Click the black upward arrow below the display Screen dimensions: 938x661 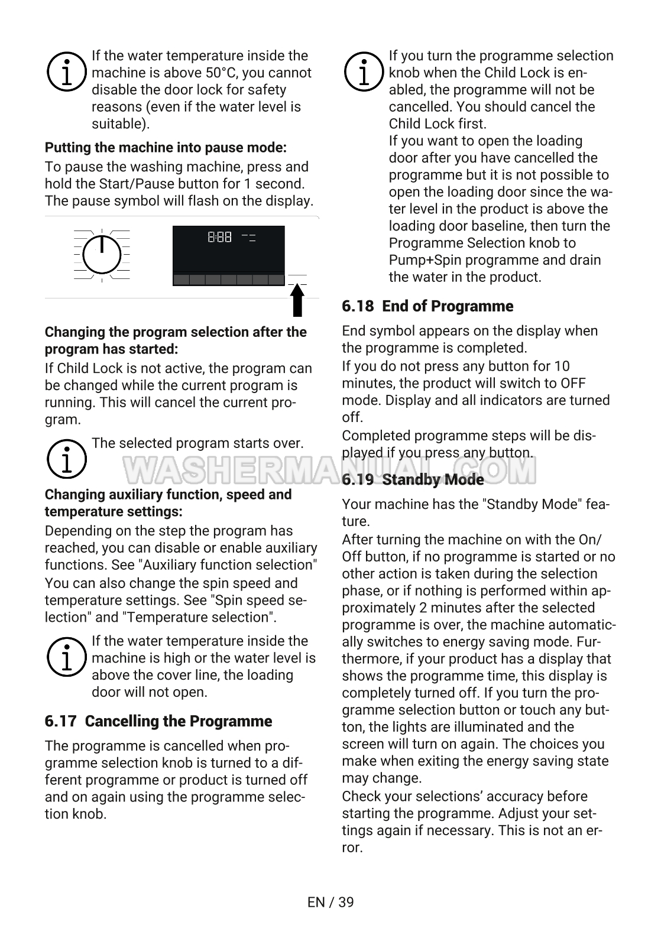(x=298, y=300)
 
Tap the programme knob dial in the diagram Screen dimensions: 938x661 (x=102, y=255)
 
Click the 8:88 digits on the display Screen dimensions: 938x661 (x=219, y=238)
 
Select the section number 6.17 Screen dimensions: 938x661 (x=60, y=721)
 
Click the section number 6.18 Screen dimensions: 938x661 (x=358, y=306)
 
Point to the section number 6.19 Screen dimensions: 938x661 (x=358, y=479)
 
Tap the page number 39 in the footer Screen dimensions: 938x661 (x=346, y=902)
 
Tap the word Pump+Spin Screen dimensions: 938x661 (x=421, y=260)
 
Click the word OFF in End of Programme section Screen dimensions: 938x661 (x=573, y=383)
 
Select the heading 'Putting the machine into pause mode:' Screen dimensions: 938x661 (x=166, y=147)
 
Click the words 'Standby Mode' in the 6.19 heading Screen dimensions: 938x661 (x=433, y=479)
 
